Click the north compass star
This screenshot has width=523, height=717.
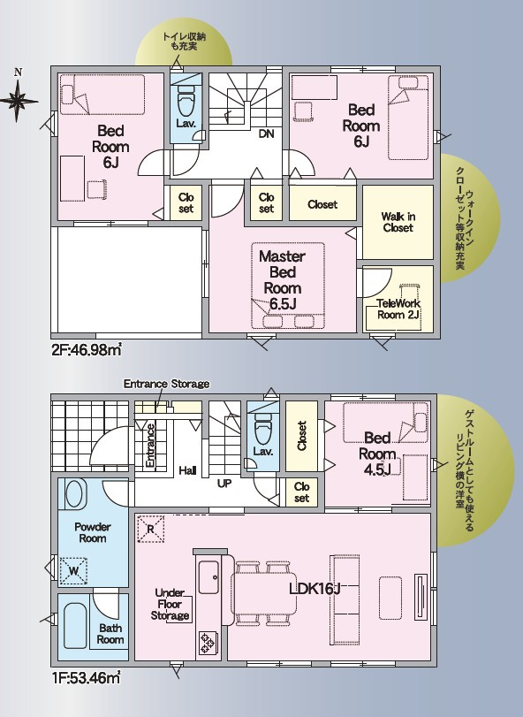tap(18, 101)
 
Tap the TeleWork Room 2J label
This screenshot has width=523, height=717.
tap(398, 309)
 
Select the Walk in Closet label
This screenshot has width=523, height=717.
tap(398, 222)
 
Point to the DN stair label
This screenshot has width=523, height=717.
tap(266, 133)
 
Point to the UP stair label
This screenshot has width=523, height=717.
tap(224, 484)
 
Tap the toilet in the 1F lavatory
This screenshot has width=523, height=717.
tap(262, 429)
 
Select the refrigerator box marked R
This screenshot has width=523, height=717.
tap(150, 529)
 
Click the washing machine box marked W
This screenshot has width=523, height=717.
tap(74, 570)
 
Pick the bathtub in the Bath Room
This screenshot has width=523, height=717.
tap(75, 625)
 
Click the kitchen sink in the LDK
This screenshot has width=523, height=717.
tap(208, 577)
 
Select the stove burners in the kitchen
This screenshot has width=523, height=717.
tap(207, 642)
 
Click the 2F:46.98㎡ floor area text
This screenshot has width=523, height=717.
tap(87, 350)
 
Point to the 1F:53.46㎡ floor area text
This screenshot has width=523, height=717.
tap(86, 678)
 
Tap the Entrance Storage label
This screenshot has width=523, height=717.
tap(166, 384)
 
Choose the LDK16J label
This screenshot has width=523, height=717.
tap(315, 589)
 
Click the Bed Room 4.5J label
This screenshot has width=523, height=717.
tap(377, 454)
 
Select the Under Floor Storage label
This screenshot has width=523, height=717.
tap(170, 604)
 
